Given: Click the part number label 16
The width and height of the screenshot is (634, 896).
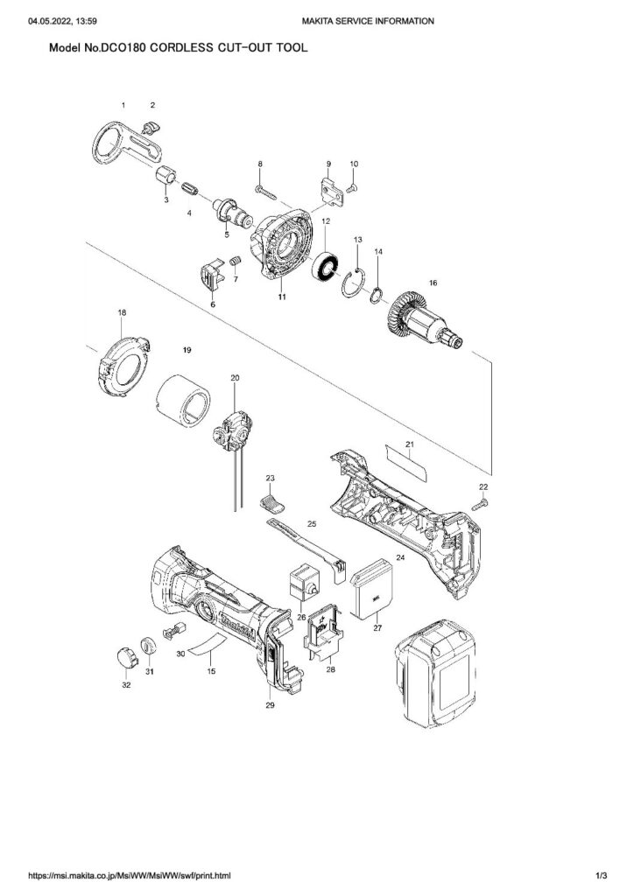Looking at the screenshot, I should (431, 283).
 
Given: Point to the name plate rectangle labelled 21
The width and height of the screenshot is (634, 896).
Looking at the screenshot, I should (407, 458).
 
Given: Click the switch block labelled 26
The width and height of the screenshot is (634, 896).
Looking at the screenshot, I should (304, 581).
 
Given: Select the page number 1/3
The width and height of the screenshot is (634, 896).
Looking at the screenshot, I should (602, 875).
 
